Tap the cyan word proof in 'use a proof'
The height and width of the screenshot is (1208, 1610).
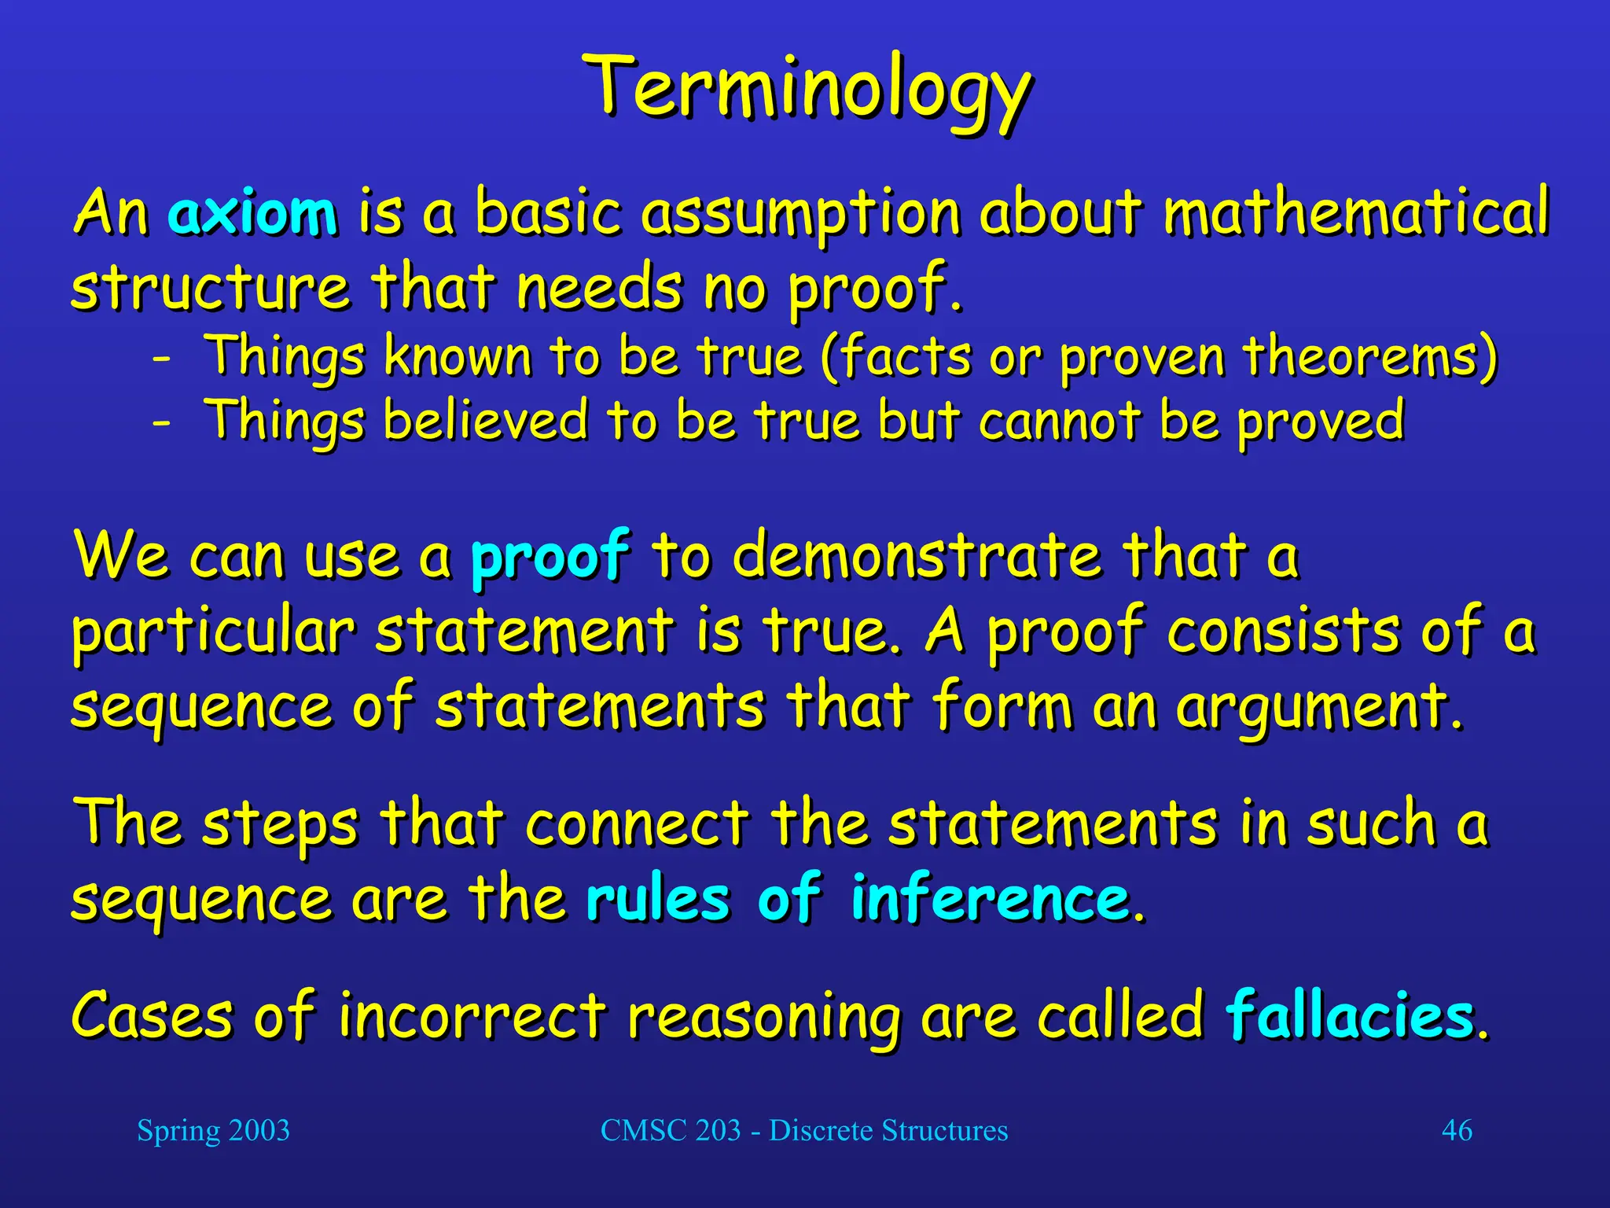tap(550, 557)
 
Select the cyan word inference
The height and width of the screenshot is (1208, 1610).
tap(991, 898)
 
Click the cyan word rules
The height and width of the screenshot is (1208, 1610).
tap(658, 898)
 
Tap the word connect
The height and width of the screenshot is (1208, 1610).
tap(637, 824)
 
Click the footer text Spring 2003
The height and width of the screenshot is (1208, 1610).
tap(213, 1130)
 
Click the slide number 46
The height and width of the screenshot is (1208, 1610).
tap(1457, 1130)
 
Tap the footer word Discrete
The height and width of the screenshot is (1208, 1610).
tap(821, 1130)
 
